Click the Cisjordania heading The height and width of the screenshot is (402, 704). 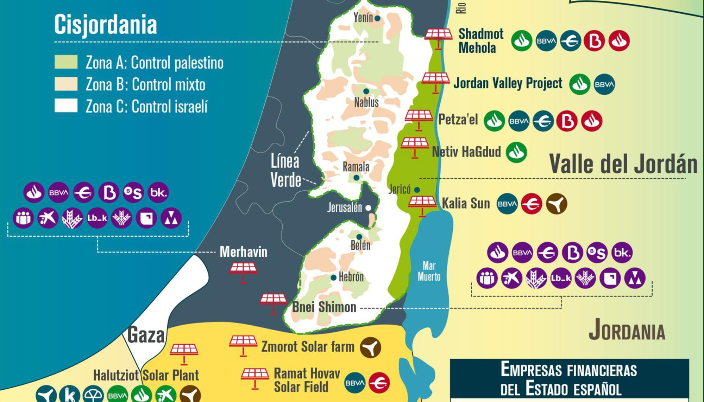click(x=105, y=24)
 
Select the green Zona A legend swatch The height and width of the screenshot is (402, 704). click(x=66, y=62)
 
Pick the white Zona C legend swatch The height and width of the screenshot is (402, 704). click(x=66, y=106)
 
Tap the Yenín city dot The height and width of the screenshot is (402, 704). click(x=377, y=18)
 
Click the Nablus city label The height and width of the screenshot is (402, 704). click(x=366, y=102)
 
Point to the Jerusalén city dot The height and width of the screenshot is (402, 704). click(x=368, y=208)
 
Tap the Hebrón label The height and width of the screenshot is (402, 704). click(x=351, y=277)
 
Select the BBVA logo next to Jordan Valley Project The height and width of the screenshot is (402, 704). click(x=604, y=84)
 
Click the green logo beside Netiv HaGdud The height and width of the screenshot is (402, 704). click(x=516, y=152)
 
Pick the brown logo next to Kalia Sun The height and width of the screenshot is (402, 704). click(x=556, y=204)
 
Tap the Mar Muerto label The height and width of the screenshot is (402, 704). click(x=429, y=271)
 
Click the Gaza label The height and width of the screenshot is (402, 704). click(x=146, y=335)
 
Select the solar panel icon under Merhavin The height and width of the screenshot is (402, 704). click(x=243, y=273)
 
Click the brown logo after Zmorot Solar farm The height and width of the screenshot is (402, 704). click(x=370, y=347)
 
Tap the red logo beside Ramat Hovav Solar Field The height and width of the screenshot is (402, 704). click(x=379, y=383)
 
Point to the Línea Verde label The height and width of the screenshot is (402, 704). click(x=285, y=171)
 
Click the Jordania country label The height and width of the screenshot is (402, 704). click(x=627, y=330)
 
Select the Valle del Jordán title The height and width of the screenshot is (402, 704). click(x=623, y=164)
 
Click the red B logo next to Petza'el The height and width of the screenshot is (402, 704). click(x=567, y=121)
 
